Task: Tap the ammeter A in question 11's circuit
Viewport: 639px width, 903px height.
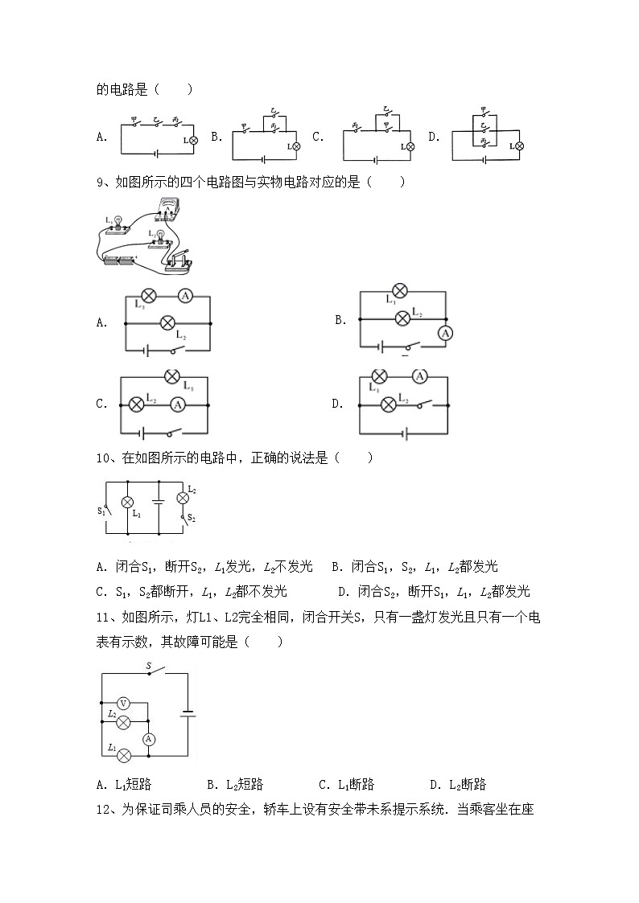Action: [x=148, y=738]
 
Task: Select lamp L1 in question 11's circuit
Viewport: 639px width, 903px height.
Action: [x=124, y=755]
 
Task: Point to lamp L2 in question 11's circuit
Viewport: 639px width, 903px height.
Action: [x=124, y=721]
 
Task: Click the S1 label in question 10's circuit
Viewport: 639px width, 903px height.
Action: [x=101, y=511]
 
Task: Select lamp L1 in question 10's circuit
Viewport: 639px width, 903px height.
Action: [x=126, y=502]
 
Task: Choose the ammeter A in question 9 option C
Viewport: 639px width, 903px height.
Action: [x=179, y=404]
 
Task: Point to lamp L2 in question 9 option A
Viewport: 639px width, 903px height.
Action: [x=167, y=322]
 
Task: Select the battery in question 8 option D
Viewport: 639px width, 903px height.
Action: [x=485, y=158]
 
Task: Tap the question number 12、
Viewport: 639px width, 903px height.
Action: [x=106, y=810]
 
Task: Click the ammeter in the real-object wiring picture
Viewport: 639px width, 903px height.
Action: [x=169, y=208]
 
